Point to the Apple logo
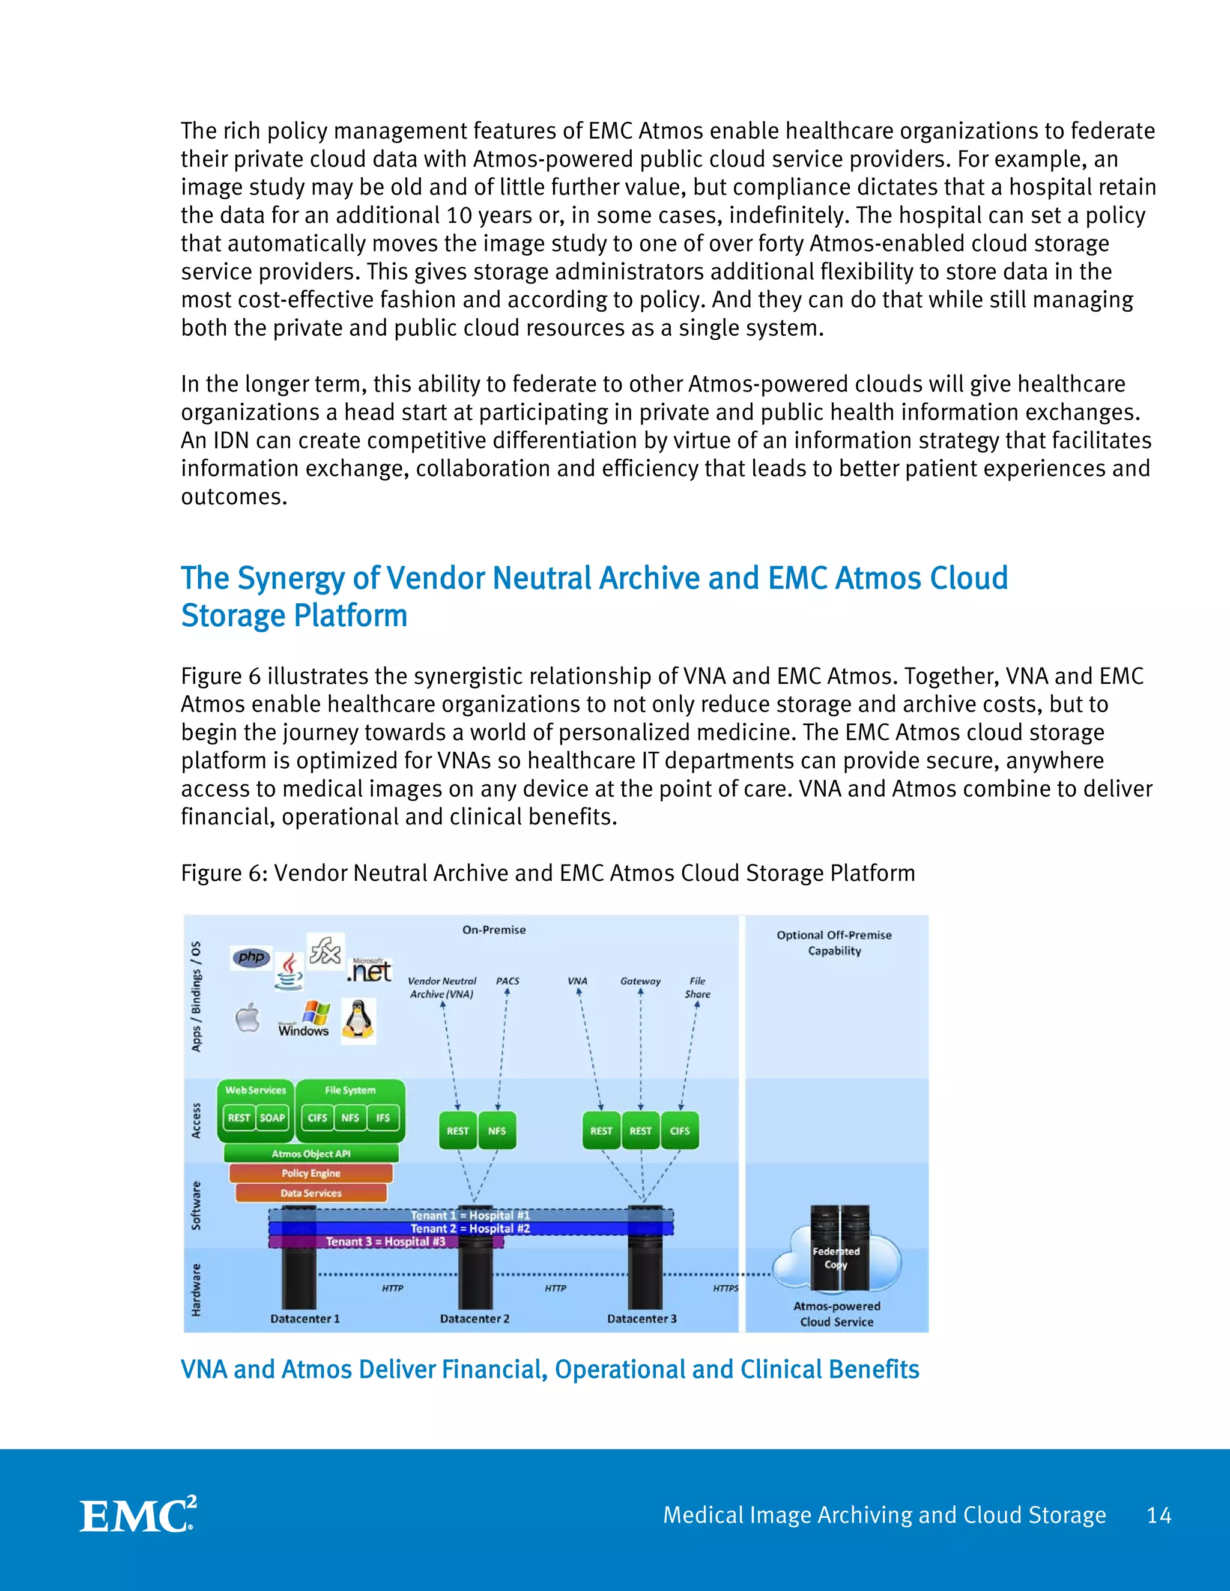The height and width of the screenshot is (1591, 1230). [x=248, y=1017]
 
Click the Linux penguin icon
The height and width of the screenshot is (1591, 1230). [x=359, y=1020]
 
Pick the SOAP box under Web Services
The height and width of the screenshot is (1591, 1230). [x=273, y=1117]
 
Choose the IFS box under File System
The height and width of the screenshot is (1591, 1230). [x=383, y=1117]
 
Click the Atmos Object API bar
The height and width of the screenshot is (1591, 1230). [x=311, y=1153]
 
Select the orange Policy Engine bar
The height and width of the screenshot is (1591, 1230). [x=311, y=1173]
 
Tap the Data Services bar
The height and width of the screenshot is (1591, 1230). [x=311, y=1192]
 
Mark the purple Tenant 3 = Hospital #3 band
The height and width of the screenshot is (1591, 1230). [x=386, y=1242]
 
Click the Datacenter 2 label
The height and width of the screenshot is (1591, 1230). [x=474, y=1318]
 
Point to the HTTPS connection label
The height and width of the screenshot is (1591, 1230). [x=725, y=1288]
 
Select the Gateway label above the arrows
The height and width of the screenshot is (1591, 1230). [x=640, y=981]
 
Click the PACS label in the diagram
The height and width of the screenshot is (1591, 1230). [x=508, y=981]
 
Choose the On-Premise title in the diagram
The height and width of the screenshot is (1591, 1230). [x=494, y=929]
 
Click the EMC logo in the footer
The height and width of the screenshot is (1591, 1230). [x=138, y=1515]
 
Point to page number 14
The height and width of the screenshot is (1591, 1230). [x=1159, y=1515]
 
